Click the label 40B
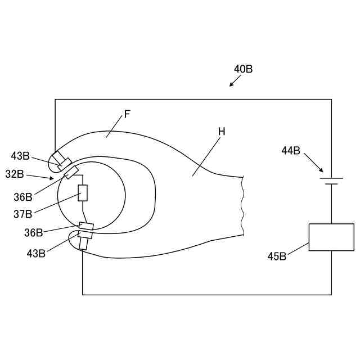tap(243, 69)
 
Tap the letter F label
tap(127, 114)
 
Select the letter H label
tap(222, 131)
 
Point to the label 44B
tap(291, 150)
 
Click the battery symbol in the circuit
tap(331, 181)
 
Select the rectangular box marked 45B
tap(331, 237)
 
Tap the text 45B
tap(277, 256)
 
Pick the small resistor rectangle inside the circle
tap(83, 193)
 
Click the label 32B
tap(15, 174)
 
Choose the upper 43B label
tap(20, 156)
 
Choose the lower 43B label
tap(37, 253)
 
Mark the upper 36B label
tap(23, 197)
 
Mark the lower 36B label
tap(33, 232)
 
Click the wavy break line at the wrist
tap(242, 205)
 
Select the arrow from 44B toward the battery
tap(314, 163)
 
